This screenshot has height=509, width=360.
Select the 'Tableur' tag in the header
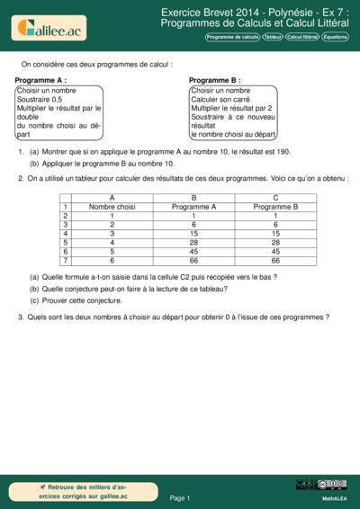(272, 38)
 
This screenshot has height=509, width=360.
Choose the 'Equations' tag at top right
(336, 38)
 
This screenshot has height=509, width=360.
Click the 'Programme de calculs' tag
(232, 38)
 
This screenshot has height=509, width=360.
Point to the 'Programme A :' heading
(41, 80)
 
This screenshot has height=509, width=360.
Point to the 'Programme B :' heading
(215, 80)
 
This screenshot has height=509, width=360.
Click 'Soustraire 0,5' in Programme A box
(42, 99)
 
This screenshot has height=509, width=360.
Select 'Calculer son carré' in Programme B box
(221, 99)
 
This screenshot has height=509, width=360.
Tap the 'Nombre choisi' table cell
(112, 206)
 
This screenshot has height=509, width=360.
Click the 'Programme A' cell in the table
(193, 206)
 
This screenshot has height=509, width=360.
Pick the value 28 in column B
(193, 242)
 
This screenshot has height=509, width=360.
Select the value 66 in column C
(275, 260)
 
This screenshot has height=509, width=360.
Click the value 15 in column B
(193, 233)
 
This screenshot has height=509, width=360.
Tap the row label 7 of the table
(66, 260)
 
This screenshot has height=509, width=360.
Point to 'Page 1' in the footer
(180, 496)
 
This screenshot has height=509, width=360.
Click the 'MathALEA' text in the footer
(334, 497)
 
